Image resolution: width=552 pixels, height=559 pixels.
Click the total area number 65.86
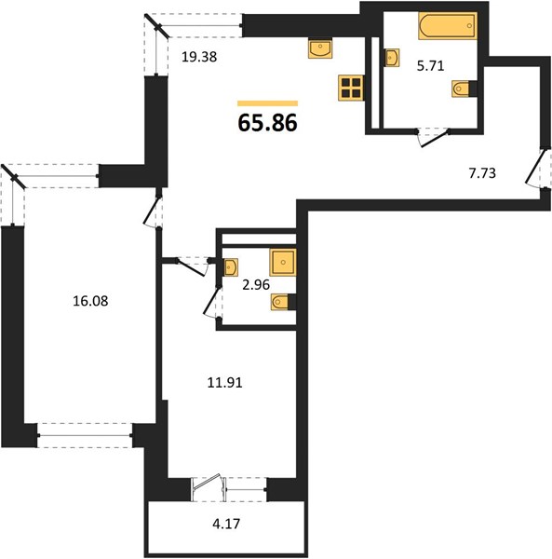point(267,123)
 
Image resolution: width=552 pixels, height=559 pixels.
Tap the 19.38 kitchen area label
point(199,57)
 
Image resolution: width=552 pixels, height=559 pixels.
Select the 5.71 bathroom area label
point(431,66)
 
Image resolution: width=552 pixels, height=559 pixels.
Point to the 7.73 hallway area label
point(482,173)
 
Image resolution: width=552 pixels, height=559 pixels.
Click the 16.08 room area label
point(90,301)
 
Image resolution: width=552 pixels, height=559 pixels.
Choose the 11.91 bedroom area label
point(224,383)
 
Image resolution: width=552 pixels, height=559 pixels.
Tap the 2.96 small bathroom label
point(256,285)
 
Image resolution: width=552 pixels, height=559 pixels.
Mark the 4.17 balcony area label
point(226,524)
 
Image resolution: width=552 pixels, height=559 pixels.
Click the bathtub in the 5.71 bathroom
point(448,26)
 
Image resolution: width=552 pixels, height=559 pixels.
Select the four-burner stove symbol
point(351,89)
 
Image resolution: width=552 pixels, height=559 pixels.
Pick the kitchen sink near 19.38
point(320,48)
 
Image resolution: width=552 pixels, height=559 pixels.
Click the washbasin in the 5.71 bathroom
point(391,58)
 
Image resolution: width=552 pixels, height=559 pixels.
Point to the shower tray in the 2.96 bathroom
point(283,263)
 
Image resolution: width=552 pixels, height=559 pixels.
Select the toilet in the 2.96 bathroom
point(284,302)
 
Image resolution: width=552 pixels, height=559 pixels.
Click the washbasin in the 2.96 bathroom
point(231,267)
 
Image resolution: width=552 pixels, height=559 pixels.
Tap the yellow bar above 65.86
point(267,103)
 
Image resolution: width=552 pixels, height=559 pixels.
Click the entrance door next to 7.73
point(535,167)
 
